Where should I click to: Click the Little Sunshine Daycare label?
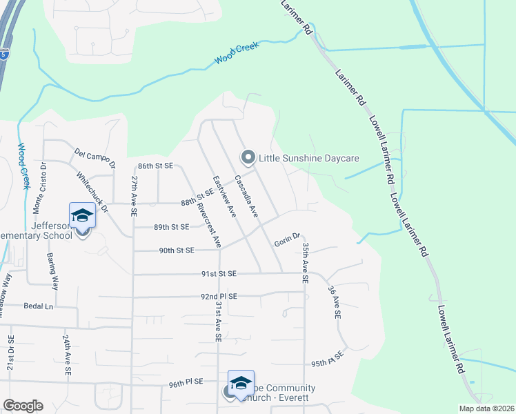[309, 158]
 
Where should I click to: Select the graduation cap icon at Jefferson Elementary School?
[82, 215]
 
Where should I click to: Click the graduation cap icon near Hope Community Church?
[241, 382]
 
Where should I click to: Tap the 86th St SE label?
[155, 166]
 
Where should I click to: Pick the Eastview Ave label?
[225, 197]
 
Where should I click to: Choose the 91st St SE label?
[219, 274]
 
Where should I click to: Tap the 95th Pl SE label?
[327, 362]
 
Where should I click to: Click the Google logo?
[23, 406]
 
